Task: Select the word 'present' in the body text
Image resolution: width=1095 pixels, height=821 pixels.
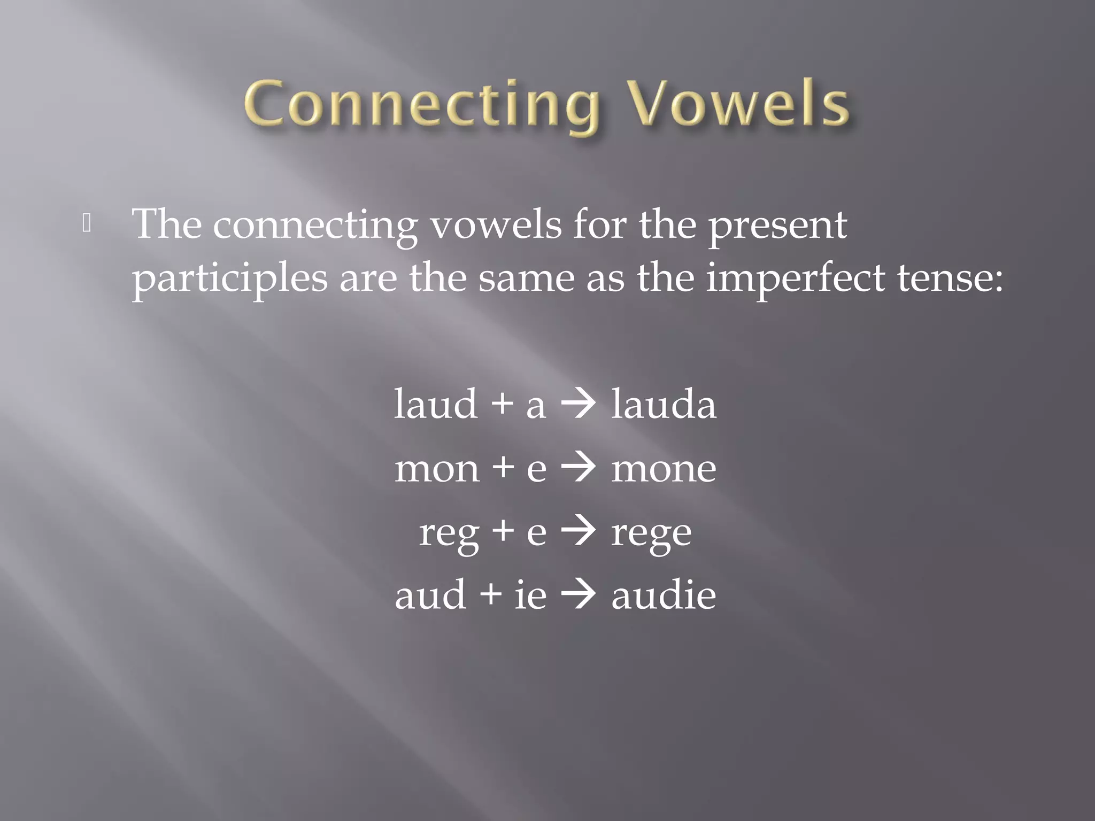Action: (x=777, y=226)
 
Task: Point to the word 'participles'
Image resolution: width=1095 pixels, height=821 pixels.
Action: (x=229, y=279)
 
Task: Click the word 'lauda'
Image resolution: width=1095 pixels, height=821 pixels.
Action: (x=663, y=404)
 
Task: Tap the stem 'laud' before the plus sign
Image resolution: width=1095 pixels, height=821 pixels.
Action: (x=436, y=404)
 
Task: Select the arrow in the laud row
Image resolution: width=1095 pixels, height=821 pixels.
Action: (x=578, y=405)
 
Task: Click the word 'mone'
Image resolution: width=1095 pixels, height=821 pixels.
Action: (x=664, y=469)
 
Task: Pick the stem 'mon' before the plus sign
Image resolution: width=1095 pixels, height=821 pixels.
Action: (x=437, y=469)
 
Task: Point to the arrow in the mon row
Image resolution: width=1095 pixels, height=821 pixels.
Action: (x=578, y=468)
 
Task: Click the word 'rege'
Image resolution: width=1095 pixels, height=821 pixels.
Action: (x=651, y=533)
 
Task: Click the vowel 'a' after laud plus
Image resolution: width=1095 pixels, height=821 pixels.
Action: (x=536, y=406)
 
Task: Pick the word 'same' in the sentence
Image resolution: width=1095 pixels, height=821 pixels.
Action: (x=526, y=279)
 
